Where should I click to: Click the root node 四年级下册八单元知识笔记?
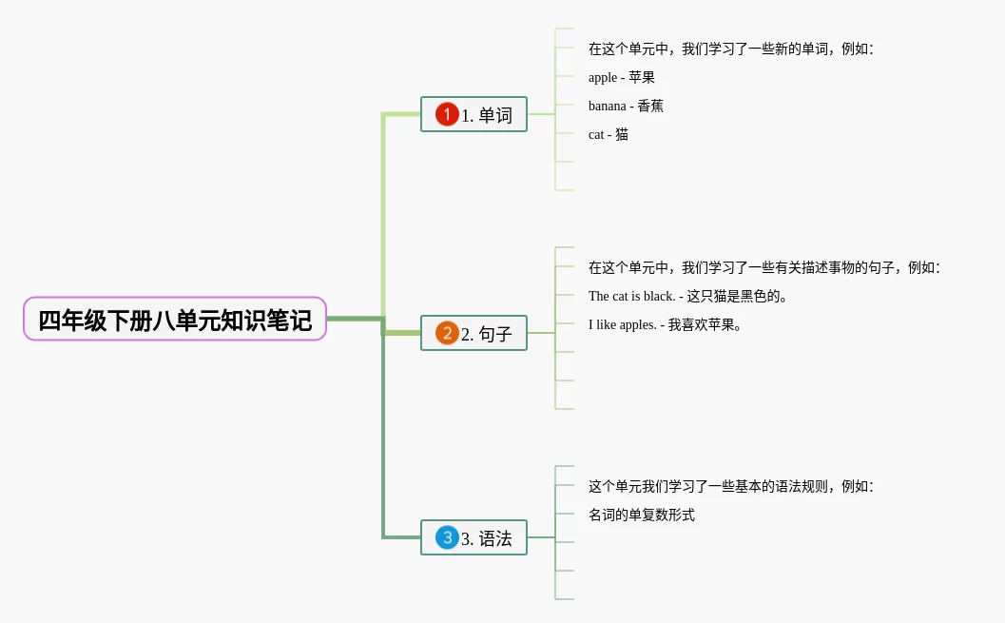(175, 320)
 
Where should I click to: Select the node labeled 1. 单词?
(474, 114)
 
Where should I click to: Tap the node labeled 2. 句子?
(474, 333)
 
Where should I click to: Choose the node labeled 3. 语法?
(474, 537)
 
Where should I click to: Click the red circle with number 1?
(447, 114)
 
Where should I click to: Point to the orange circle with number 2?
(447, 333)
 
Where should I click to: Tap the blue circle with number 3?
(447, 537)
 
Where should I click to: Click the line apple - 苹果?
(622, 77)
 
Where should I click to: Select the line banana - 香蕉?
(626, 106)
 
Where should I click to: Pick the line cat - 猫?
(609, 134)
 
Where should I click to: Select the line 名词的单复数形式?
(642, 515)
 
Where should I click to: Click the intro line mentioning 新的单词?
(730, 49)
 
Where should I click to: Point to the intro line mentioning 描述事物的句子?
(763, 267)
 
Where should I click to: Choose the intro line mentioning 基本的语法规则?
(730, 486)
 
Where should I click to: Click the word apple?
(603, 78)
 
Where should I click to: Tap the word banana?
(608, 106)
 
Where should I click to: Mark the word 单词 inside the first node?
(495, 115)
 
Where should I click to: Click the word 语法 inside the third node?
(495, 538)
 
